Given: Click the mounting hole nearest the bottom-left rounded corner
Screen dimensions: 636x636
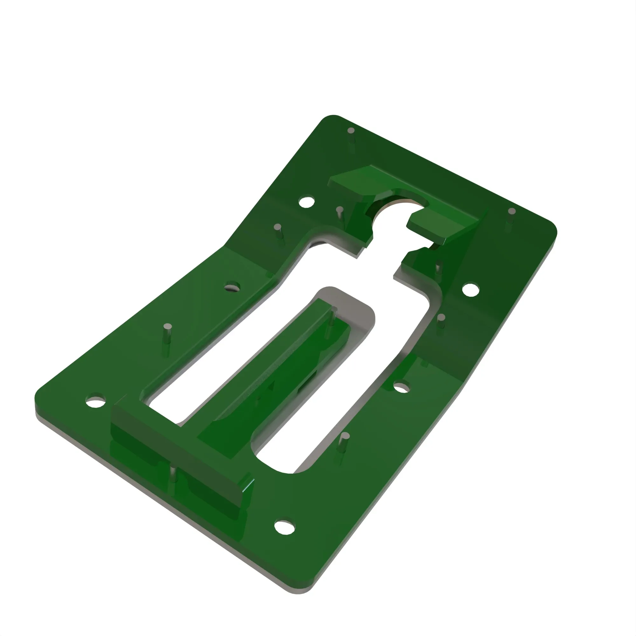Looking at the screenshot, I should pyautogui.click(x=95, y=401).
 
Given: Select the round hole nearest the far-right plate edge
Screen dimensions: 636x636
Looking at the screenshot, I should pyautogui.click(x=470, y=289).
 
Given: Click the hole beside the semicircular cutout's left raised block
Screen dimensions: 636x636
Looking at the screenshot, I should pyautogui.click(x=307, y=202).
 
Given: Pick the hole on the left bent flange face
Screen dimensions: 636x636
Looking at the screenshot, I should pyautogui.click(x=232, y=286).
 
